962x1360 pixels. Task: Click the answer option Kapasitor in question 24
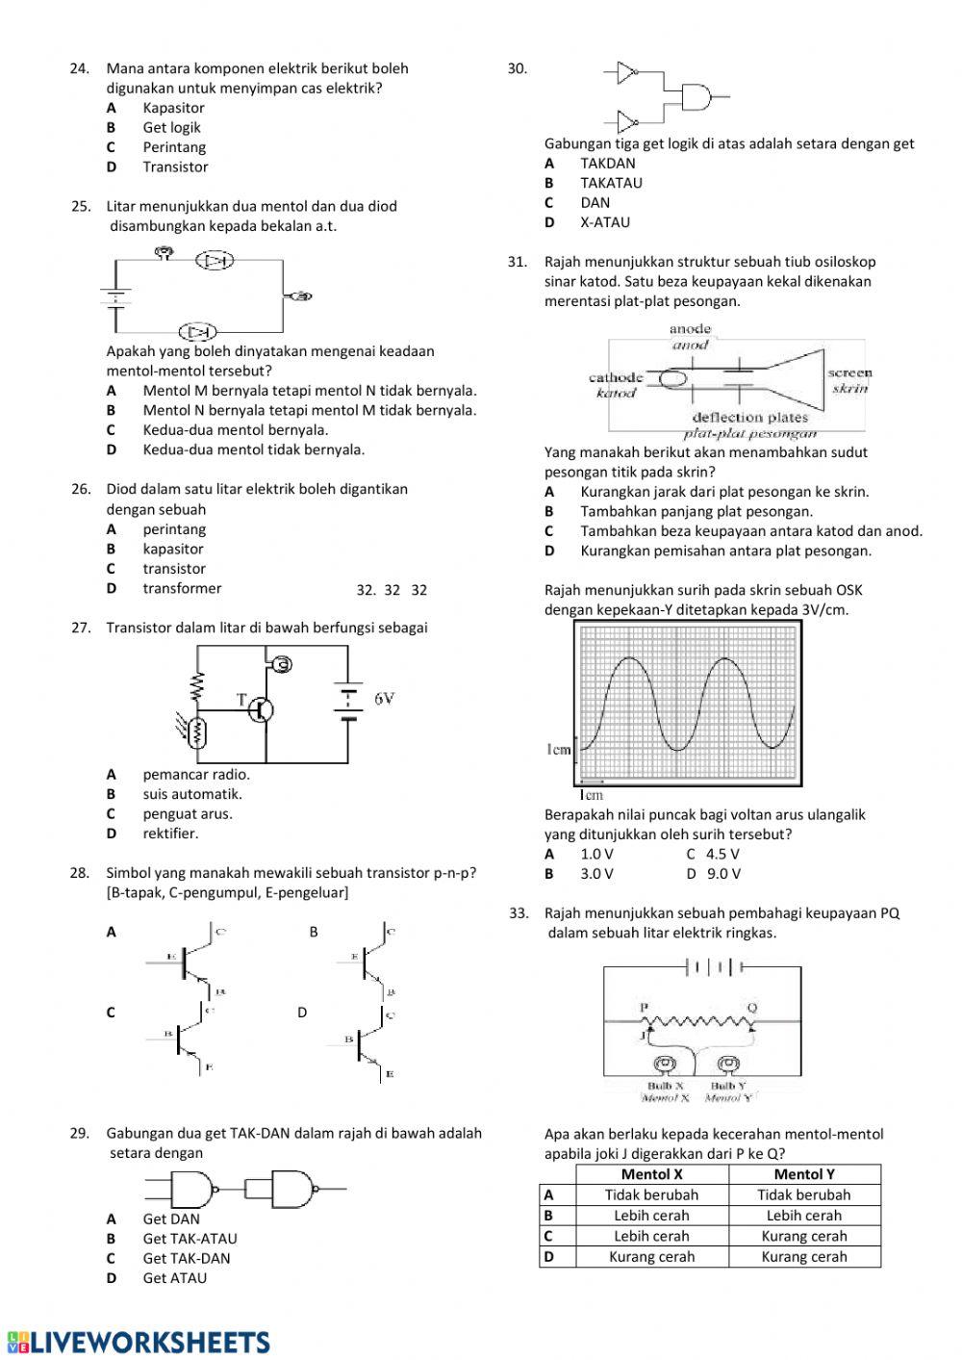(x=173, y=108)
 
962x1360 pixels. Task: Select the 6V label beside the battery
(x=385, y=698)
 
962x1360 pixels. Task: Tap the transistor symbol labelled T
(x=259, y=709)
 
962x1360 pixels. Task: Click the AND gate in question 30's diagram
(x=696, y=97)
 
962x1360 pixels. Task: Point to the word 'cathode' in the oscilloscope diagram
(x=616, y=377)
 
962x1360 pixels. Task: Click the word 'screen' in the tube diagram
(x=849, y=372)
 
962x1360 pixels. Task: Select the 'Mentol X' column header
(x=651, y=1174)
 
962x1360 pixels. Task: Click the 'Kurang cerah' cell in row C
(x=804, y=1236)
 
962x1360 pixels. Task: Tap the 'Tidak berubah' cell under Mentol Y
(x=804, y=1194)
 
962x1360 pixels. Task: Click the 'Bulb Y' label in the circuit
(x=728, y=1086)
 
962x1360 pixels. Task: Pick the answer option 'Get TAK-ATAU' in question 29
(x=190, y=1239)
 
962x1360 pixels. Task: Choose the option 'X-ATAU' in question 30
(x=605, y=222)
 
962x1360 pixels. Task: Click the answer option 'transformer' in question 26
(x=182, y=588)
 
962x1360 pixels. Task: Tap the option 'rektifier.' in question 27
(x=170, y=834)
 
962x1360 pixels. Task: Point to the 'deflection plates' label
(x=750, y=418)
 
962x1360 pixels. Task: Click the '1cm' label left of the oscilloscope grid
(x=558, y=750)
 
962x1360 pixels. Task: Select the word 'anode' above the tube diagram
(x=690, y=329)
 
